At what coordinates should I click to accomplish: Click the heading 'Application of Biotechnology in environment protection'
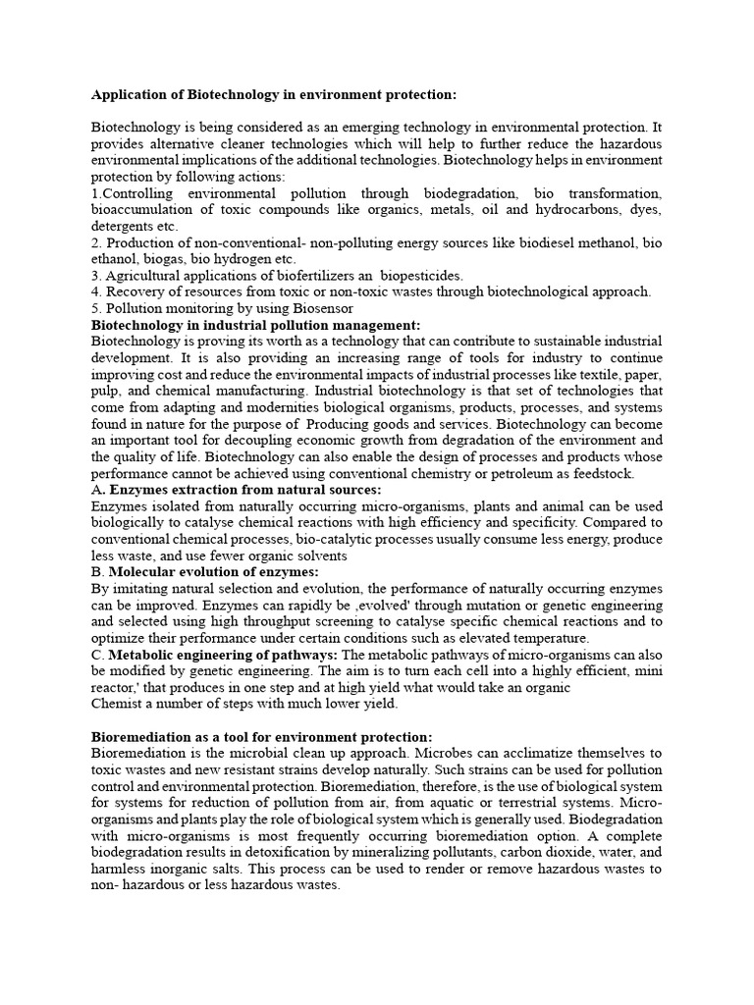pos(274,95)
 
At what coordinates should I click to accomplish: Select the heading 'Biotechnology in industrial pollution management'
pos(255,325)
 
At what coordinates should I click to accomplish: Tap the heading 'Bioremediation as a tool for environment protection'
pos(261,736)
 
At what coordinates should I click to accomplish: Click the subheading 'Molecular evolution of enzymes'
pos(213,571)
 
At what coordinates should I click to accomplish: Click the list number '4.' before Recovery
pos(96,291)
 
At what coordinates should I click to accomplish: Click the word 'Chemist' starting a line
pos(117,703)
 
